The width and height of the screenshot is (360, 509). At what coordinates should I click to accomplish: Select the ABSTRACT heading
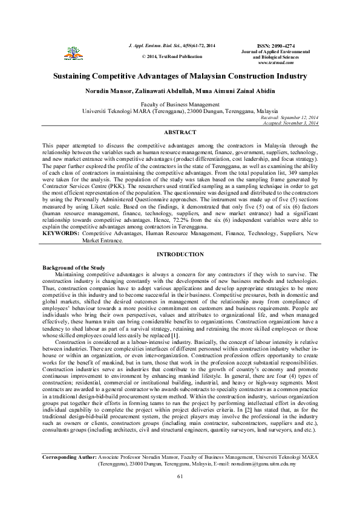click(x=180, y=132)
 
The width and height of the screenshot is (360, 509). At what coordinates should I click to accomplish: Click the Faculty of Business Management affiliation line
click(x=180, y=105)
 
